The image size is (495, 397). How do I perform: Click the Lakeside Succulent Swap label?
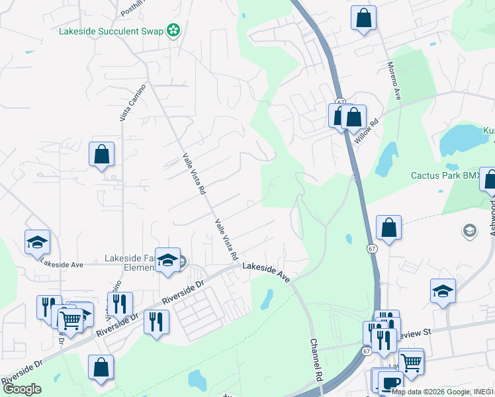111,30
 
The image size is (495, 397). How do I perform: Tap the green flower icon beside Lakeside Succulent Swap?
173,30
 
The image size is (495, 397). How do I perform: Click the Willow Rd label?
365,131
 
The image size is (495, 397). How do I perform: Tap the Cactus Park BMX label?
445,175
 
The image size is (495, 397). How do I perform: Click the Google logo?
22,389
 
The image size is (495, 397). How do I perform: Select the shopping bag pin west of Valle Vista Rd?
102,155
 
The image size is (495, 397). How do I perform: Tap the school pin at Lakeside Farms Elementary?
168,261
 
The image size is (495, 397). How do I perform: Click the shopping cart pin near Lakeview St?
411,362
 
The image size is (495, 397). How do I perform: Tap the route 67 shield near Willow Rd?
340,102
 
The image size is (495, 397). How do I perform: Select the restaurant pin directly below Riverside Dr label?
156,322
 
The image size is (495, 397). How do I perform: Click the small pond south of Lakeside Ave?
267,300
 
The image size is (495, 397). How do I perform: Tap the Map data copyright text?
442,392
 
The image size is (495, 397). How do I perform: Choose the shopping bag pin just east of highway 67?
388,228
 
